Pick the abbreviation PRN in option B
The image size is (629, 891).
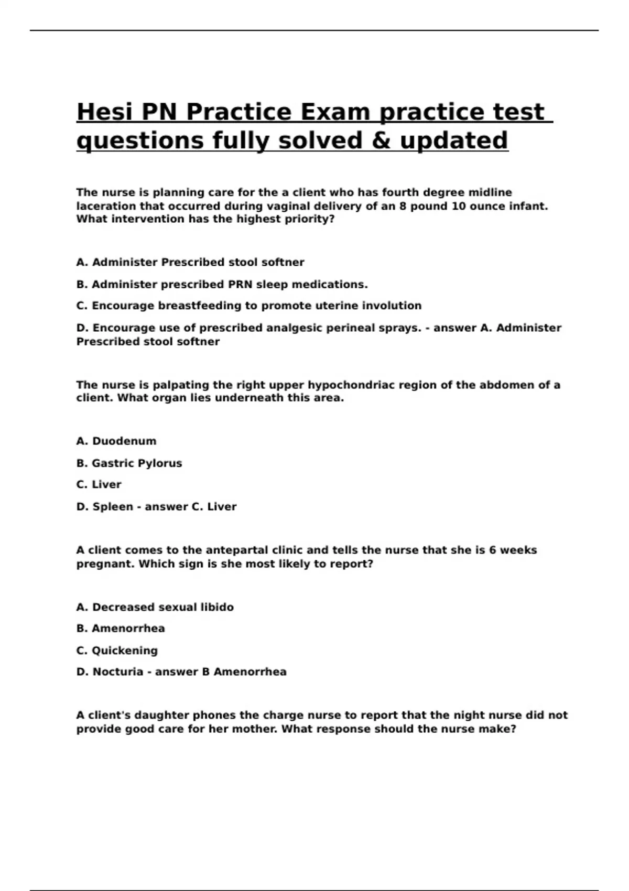point(240,285)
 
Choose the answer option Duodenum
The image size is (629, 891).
point(124,441)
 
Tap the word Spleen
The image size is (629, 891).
point(113,507)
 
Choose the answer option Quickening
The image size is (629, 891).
point(125,650)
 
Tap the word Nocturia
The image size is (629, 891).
point(118,672)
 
